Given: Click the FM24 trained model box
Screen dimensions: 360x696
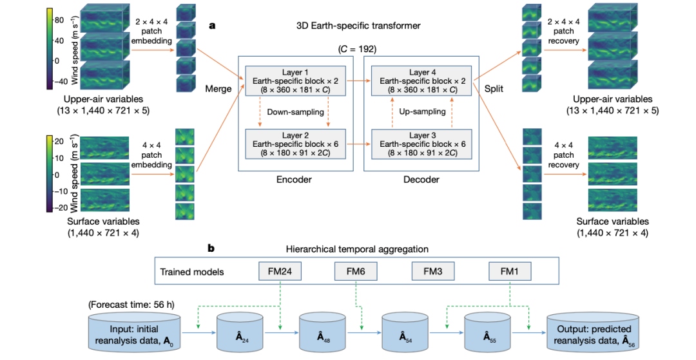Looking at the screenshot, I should [x=279, y=271].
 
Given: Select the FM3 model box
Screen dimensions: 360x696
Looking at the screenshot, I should [x=433, y=271].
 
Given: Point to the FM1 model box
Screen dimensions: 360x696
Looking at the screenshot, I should [x=510, y=271].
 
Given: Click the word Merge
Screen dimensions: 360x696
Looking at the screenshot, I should [x=218, y=89].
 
